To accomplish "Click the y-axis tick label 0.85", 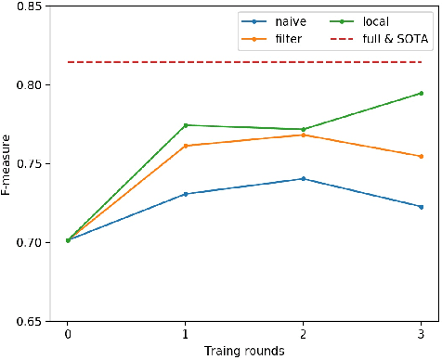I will click(x=27, y=6).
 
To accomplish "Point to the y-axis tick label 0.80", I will click(x=27, y=85).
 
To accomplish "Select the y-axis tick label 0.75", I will click(x=27, y=164).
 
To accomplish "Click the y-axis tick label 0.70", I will click(x=27, y=243).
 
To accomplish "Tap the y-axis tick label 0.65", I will click(x=27, y=322).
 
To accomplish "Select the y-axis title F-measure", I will click(x=7, y=164).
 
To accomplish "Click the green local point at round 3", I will click(x=421, y=93).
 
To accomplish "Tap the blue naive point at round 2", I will click(x=304, y=178).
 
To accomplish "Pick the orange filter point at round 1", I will click(x=186, y=146).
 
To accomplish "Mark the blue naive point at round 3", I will click(x=421, y=207).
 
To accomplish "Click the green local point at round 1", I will click(x=186, y=125).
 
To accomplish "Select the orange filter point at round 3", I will click(x=421, y=156).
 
